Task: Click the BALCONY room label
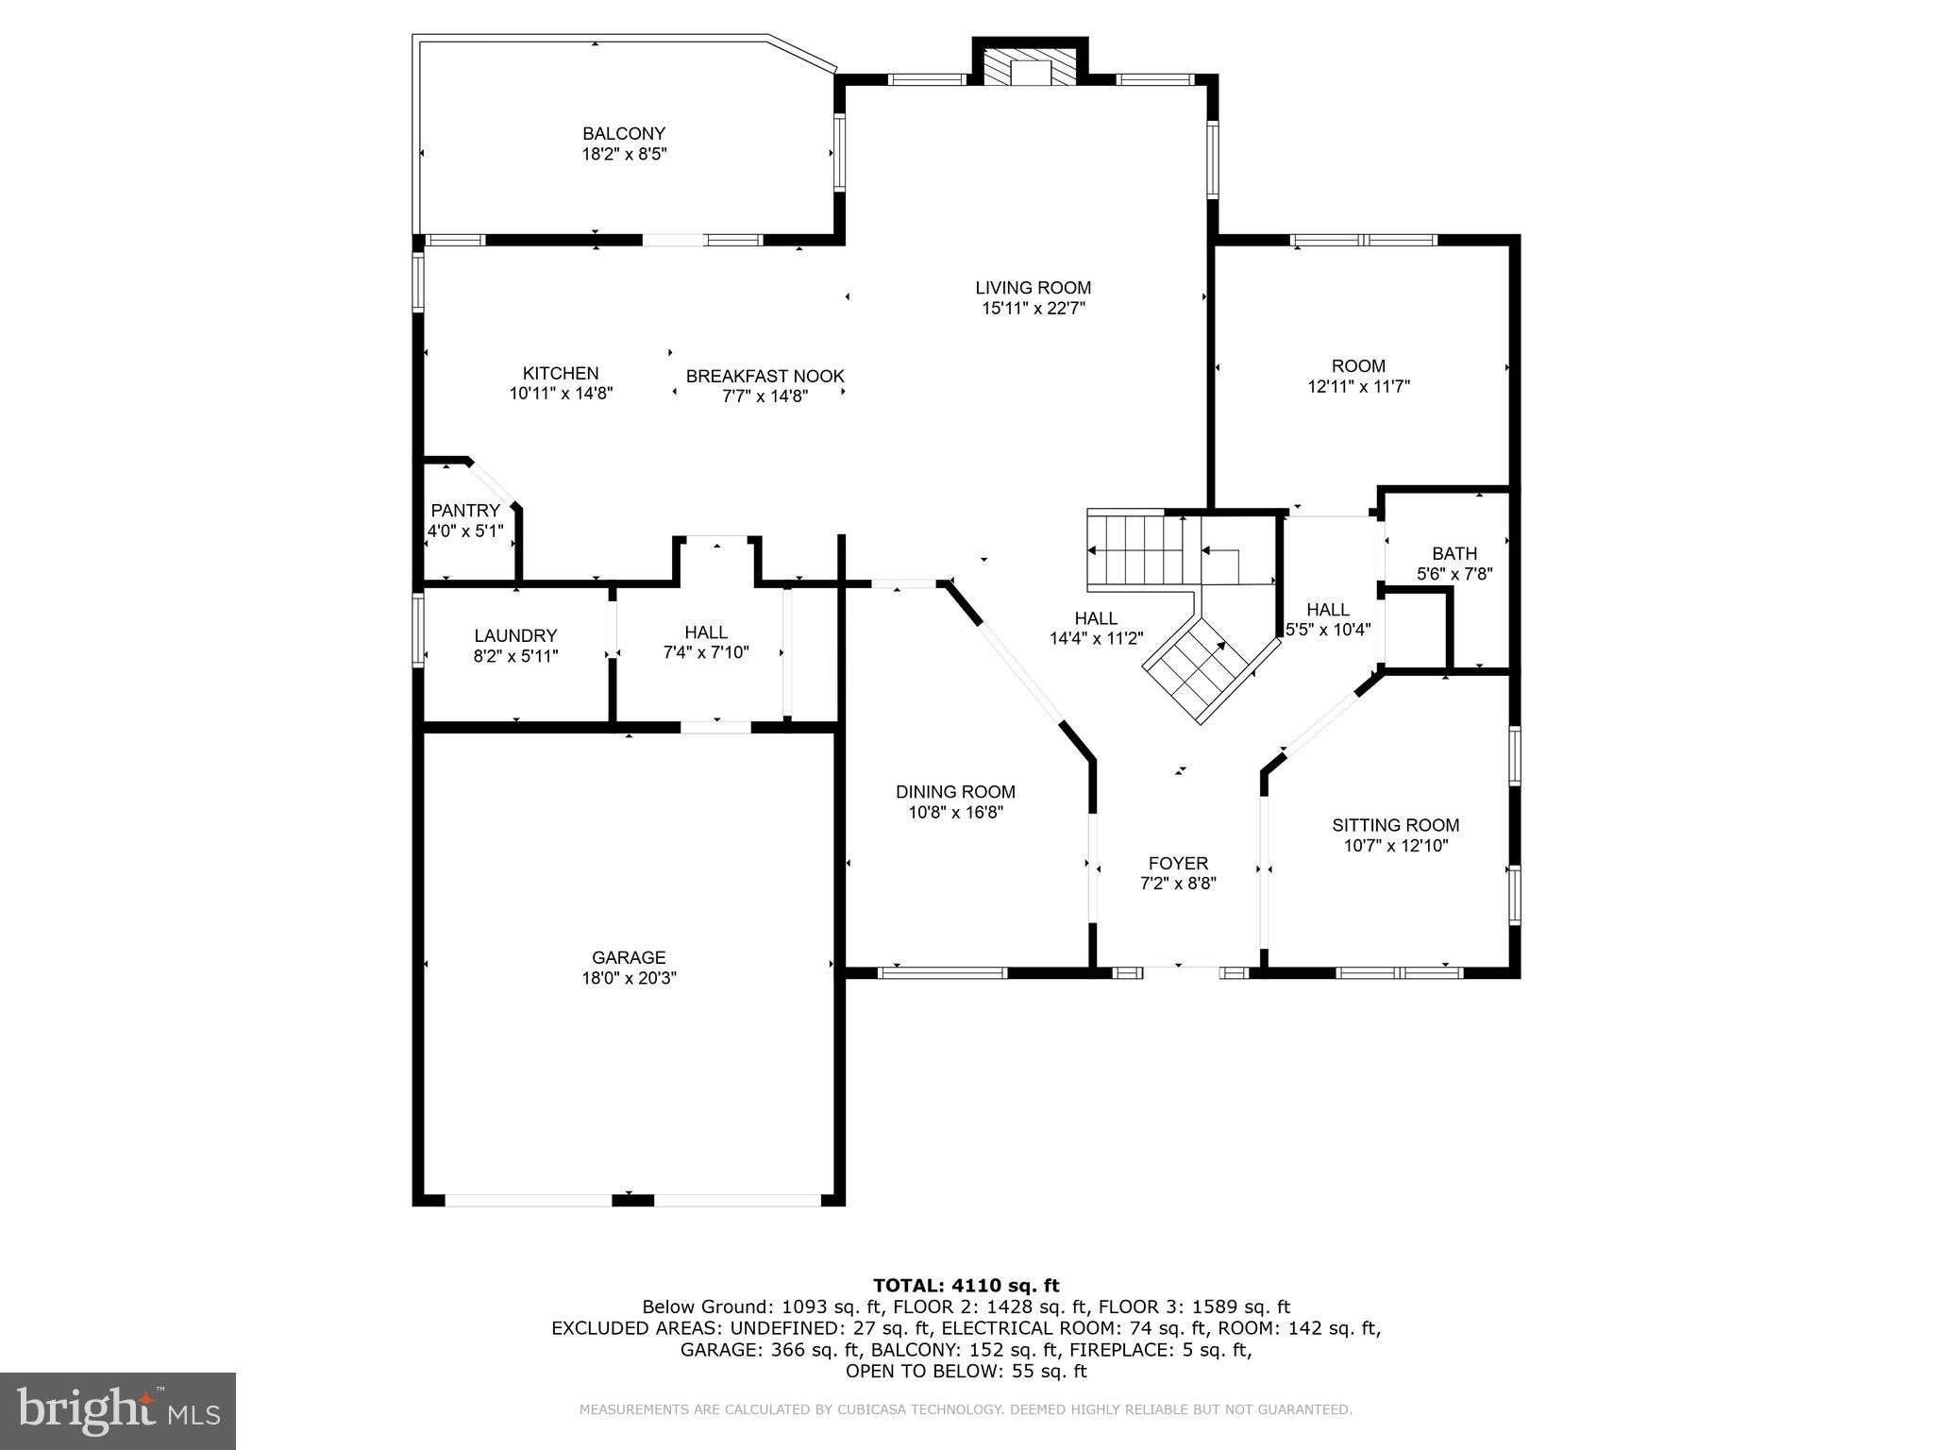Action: [623, 134]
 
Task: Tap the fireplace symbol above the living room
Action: [1030, 65]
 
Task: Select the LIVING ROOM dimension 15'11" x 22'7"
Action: [1033, 309]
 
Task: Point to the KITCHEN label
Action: [561, 374]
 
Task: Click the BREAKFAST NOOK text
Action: [765, 377]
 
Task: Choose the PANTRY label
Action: [465, 511]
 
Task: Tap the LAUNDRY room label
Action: [515, 636]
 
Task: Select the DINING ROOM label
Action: [955, 792]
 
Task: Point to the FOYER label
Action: [1178, 863]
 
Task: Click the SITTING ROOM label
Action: [1395, 825]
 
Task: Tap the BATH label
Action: [1454, 553]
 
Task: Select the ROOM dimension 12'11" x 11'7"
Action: [1358, 387]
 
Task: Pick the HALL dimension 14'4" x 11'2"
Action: [1096, 639]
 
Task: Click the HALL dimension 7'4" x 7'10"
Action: [705, 652]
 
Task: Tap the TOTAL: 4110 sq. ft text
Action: [966, 1286]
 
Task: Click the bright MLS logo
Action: [118, 1410]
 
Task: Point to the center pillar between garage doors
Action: [632, 1200]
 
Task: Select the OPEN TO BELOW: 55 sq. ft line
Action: [966, 1372]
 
